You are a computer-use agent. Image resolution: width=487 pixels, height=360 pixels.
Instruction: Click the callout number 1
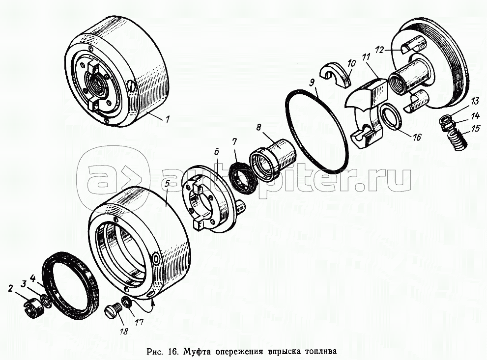168,119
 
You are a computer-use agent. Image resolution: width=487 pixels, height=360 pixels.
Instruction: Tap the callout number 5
167,183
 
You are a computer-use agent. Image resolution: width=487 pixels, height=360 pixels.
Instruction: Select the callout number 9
312,83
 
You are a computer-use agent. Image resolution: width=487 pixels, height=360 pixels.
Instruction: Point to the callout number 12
380,50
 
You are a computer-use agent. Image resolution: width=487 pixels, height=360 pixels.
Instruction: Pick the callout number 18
124,331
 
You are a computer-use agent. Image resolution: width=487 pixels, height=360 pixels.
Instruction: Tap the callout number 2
10,289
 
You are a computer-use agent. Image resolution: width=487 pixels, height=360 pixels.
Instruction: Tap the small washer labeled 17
127,302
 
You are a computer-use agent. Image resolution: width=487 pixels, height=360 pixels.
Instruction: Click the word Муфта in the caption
196,352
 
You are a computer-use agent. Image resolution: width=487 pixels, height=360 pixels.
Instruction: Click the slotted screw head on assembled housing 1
131,85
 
